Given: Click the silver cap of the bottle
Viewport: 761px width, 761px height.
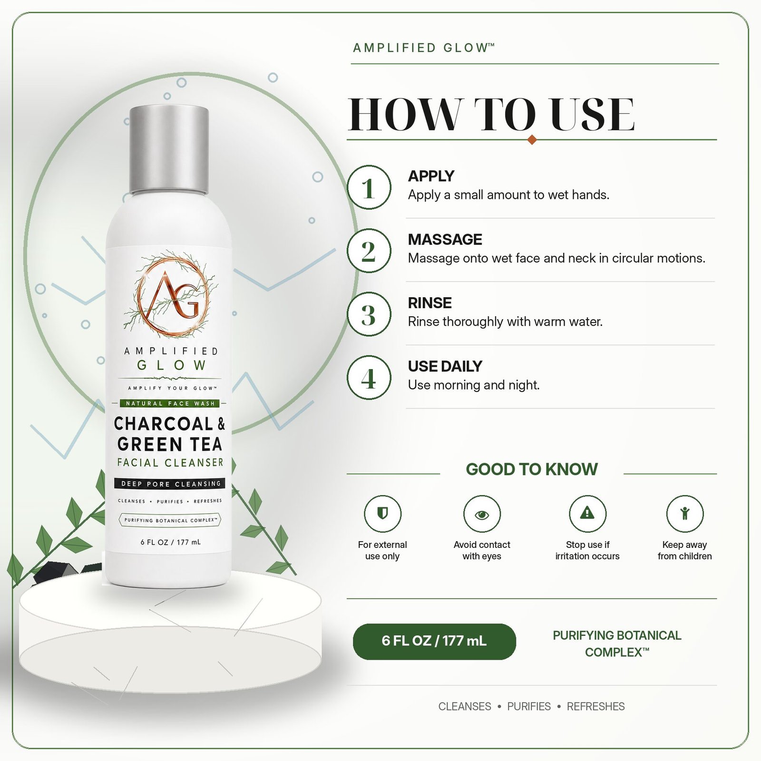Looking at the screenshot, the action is click(169, 150).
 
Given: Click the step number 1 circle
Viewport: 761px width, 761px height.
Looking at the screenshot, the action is click(369, 187).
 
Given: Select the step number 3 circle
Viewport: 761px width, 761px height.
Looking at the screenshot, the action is click(369, 314).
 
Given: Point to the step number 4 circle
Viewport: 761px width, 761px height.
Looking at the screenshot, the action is click(369, 378).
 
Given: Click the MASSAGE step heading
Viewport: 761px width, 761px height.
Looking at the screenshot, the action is click(445, 239).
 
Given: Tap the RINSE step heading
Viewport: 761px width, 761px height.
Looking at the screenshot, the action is click(429, 302).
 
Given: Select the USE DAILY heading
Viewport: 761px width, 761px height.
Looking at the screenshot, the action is click(445, 366).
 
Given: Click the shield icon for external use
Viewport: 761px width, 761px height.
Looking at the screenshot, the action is click(382, 513).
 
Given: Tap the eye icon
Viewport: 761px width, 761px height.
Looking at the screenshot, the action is click(482, 514).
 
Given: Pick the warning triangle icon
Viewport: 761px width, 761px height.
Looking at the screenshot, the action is click(587, 513).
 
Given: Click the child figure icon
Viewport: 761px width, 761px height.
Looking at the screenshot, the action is click(685, 513).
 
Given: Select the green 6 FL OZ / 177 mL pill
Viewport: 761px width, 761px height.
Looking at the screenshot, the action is click(434, 641).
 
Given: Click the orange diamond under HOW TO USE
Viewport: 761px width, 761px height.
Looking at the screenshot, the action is click(532, 140).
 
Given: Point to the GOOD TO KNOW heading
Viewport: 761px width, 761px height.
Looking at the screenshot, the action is click(532, 469).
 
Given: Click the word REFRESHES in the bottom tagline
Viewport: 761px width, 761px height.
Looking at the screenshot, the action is click(595, 706).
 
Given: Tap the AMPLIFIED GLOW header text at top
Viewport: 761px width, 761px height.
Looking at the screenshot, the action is click(424, 48).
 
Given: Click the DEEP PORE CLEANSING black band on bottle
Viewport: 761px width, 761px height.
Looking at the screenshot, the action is click(170, 484).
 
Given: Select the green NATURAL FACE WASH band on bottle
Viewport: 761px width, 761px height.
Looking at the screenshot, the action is click(170, 403).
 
